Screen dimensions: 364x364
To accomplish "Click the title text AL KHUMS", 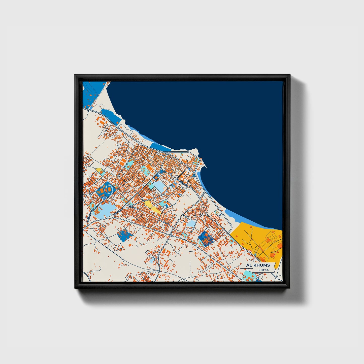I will click(x=258, y=265).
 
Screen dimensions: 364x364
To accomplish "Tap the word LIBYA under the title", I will click(x=263, y=270).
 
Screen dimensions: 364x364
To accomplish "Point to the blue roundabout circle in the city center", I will click(x=161, y=172).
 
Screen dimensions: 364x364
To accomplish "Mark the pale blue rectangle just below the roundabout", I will click(x=158, y=186).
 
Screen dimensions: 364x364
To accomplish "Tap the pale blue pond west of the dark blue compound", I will click(x=191, y=223).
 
